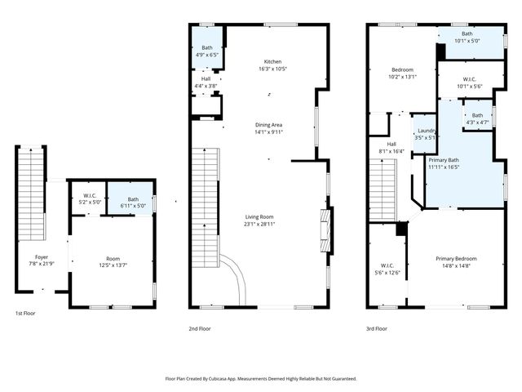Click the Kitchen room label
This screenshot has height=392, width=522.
pyautogui.click(x=272, y=62)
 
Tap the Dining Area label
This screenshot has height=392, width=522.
pyautogui.click(x=268, y=125)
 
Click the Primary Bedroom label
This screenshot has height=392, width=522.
pyautogui.click(x=456, y=259)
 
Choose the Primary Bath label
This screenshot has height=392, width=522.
pyautogui.click(x=444, y=160)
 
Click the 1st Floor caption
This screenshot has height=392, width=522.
pyautogui.click(x=25, y=313)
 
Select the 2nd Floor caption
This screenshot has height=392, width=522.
pyautogui.click(x=200, y=328)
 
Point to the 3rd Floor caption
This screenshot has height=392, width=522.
pyautogui.click(x=376, y=328)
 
